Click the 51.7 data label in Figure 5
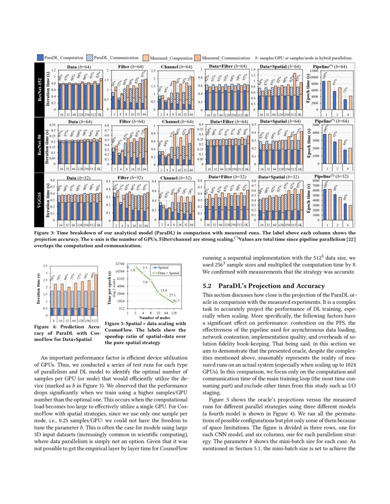(x=176, y=301)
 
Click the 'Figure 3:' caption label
(x=46, y=233)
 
